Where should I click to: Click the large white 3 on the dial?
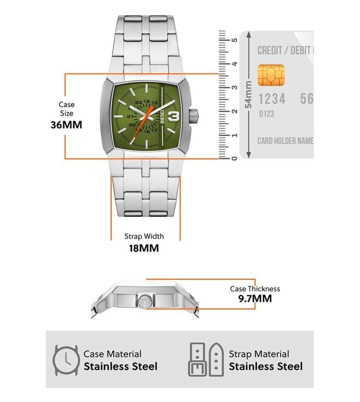[174, 117]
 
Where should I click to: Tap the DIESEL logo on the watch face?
[162, 117]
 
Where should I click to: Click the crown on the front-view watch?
[194, 117]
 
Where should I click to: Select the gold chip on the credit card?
[271, 75]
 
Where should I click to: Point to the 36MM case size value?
[66, 125]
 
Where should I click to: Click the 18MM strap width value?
[144, 248]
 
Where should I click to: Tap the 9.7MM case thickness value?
[255, 298]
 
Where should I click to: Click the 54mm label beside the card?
[248, 94]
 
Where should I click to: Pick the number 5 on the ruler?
[234, 40]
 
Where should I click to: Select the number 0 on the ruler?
[234, 158]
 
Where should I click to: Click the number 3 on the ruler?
[234, 88]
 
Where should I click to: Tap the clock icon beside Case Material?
[66, 360]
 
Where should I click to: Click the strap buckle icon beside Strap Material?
[206, 359]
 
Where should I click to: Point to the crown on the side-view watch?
[146, 301]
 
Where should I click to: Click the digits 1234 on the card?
[272, 99]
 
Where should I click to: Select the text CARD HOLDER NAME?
[286, 141]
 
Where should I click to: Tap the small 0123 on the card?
[266, 113]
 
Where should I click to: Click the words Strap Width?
[144, 236]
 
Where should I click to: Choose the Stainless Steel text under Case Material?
[120, 366]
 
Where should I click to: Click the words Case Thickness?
[255, 289]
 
